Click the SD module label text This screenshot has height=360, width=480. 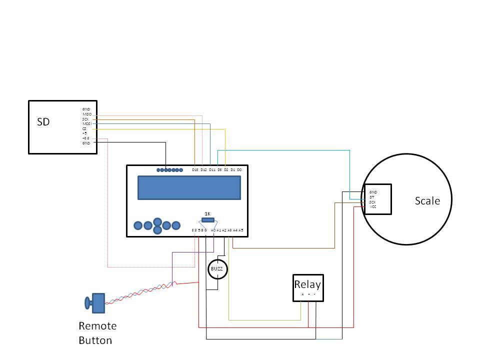[43, 121]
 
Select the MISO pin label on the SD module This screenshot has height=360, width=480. [87, 114]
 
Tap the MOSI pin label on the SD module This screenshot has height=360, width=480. [87, 123]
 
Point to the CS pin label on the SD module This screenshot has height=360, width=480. [84, 128]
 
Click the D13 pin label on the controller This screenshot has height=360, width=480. [195, 170]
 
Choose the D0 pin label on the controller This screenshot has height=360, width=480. [239, 170]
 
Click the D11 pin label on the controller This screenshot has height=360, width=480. [212, 170]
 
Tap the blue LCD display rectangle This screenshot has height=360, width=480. [189, 187]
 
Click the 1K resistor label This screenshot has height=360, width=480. [207, 213]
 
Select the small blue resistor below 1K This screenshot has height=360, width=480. [208, 220]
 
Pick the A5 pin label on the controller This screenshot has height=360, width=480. [240, 230]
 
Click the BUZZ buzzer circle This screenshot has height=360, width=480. [217, 269]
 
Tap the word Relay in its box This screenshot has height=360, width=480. [307, 284]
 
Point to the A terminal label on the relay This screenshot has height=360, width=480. [302, 294]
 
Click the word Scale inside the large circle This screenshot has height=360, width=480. [427, 201]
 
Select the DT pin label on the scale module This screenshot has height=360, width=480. [372, 197]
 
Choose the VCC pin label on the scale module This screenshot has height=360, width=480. [373, 206]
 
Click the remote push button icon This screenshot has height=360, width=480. [95, 302]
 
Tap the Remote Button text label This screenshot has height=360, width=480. [97, 333]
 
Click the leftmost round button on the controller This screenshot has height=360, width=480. [138, 226]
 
